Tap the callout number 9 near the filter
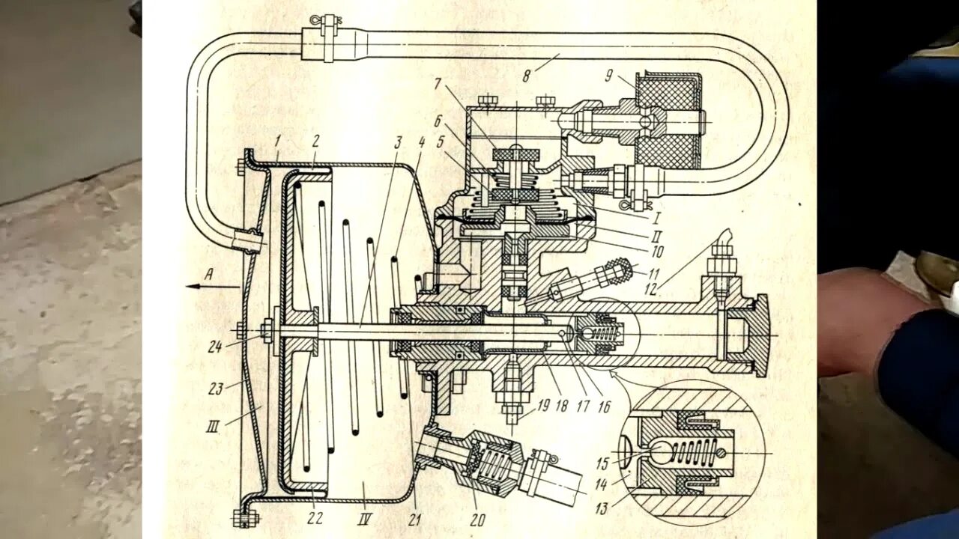tap(608, 75)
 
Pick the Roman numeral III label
tap(213, 427)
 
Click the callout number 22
tap(315, 518)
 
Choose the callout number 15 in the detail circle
tap(602, 464)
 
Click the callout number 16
tap(604, 406)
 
